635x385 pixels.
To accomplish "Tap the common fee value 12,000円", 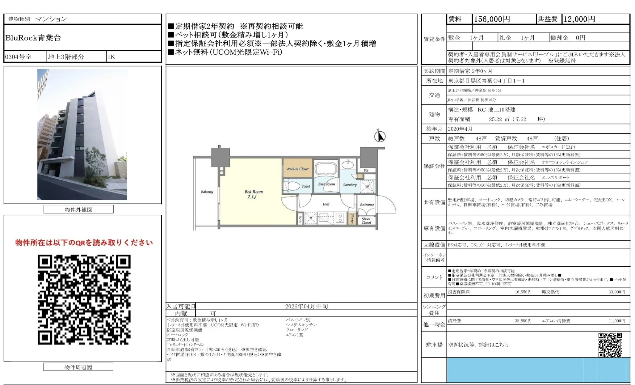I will click(579, 19).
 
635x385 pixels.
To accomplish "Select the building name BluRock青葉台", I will click(33, 38).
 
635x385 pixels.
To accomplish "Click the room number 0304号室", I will click(19, 57).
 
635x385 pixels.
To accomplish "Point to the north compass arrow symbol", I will click(380, 136).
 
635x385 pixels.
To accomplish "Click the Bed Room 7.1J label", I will click(254, 194).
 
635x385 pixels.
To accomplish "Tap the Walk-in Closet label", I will click(297, 169).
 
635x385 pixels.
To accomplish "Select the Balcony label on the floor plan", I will click(207, 192).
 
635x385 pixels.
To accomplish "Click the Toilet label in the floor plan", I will click(306, 186).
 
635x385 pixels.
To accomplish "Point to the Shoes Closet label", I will click(366, 221).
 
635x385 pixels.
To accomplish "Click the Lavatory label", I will click(350, 184).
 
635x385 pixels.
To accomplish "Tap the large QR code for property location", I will click(84, 299).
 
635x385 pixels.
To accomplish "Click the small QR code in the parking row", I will click(610, 345).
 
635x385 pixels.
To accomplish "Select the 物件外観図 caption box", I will click(78, 209).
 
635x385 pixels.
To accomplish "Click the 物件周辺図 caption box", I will click(78, 367).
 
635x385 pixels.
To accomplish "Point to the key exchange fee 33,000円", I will click(616, 292).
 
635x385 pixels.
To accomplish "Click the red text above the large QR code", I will click(84, 243).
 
